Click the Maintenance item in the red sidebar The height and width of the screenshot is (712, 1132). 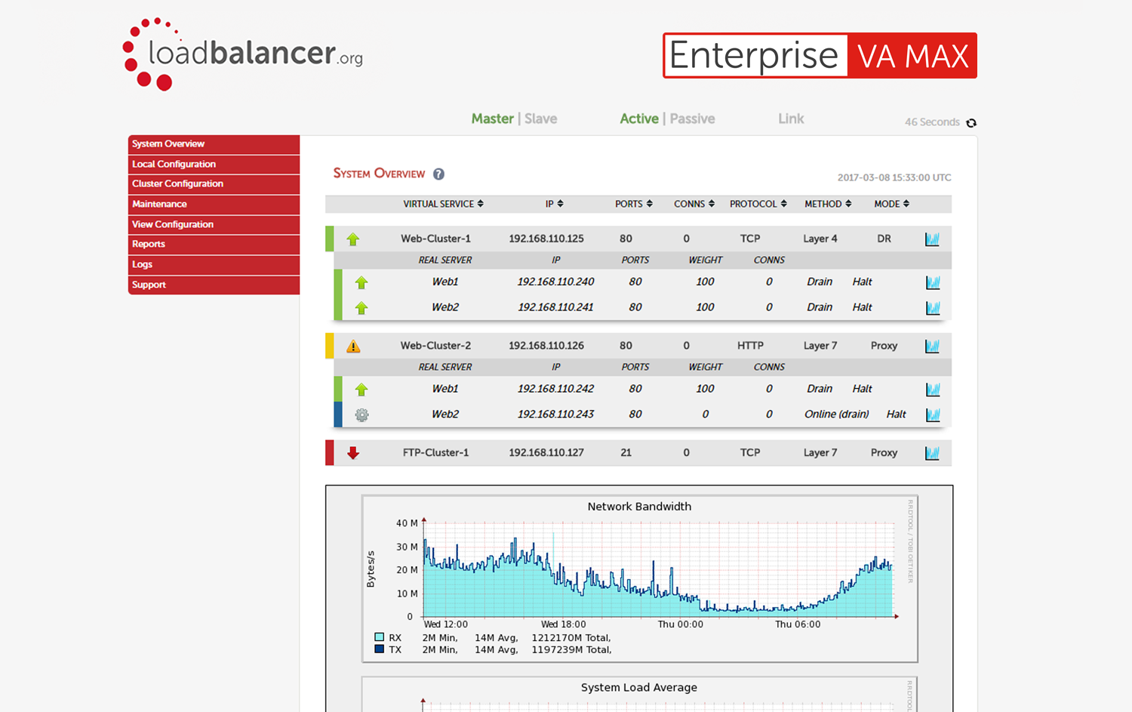pos(159,204)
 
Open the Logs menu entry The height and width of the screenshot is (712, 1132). pos(142,264)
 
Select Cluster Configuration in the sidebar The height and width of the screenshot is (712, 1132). pos(177,183)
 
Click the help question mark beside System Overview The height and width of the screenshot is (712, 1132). pos(438,174)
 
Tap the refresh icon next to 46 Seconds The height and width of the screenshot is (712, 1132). pos(971,122)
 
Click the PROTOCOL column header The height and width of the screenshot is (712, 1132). pos(758,204)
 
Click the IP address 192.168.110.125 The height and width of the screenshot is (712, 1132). pos(546,239)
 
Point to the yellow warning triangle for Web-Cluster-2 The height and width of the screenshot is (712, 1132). pos(353,347)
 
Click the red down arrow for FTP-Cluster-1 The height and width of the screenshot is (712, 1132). pos(353,453)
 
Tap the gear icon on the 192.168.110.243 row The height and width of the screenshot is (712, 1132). pos(361,415)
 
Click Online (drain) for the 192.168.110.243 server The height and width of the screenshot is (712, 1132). pos(836,415)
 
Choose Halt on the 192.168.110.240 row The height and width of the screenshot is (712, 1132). pos(862,282)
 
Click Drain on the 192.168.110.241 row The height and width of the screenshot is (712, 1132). pos(819,307)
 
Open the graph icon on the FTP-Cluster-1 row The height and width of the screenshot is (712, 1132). pos(932,453)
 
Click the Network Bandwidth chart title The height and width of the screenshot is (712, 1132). pos(639,507)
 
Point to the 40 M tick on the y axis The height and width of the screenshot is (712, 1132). pos(406,523)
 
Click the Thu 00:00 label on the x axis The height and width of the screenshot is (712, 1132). pos(680,624)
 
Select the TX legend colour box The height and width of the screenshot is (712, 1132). pos(379,649)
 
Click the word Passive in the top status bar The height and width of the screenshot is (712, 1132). pos(692,119)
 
